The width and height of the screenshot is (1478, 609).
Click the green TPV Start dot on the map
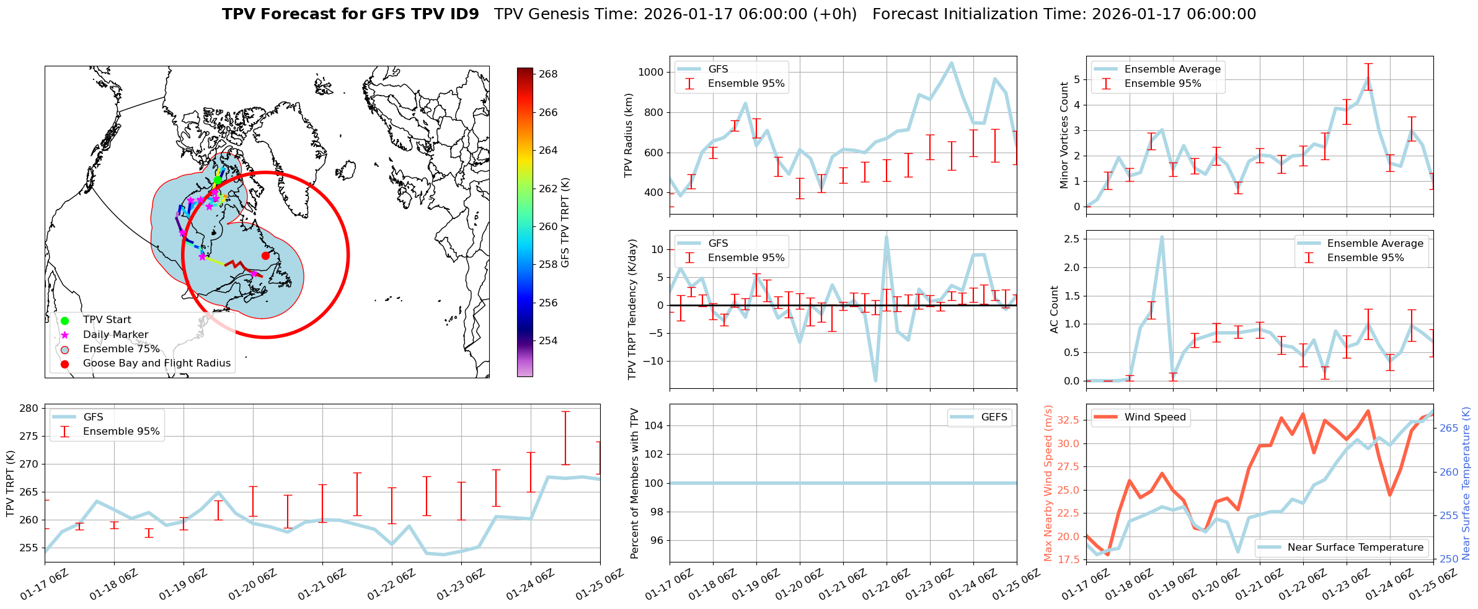(x=218, y=180)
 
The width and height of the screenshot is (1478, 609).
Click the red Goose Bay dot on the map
(x=265, y=256)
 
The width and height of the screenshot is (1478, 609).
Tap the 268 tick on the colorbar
(x=548, y=74)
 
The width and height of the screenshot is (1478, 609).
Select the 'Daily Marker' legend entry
(x=115, y=334)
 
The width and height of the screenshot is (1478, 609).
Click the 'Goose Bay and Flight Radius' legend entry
(x=156, y=363)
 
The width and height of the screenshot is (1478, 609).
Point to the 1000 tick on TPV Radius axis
(x=651, y=72)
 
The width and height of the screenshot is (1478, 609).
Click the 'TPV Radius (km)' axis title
(x=629, y=135)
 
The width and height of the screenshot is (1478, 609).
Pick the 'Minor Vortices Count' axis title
(x=1064, y=135)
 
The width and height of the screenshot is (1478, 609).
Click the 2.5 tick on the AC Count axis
(x=1071, y=239)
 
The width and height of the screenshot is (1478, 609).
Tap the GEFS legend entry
(x=994, y=417)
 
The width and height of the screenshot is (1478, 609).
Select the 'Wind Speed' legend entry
(x=1154, y=417)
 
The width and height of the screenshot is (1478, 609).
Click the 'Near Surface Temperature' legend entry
(x=1355, y=547)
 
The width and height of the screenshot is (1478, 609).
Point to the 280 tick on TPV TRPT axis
(x=29, y=408)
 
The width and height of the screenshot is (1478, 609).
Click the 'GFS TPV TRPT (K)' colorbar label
(x=565, y=223)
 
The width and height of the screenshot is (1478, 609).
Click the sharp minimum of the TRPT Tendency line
(x=875, y=381)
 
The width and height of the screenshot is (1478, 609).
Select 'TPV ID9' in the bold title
(x=446, y=14)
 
